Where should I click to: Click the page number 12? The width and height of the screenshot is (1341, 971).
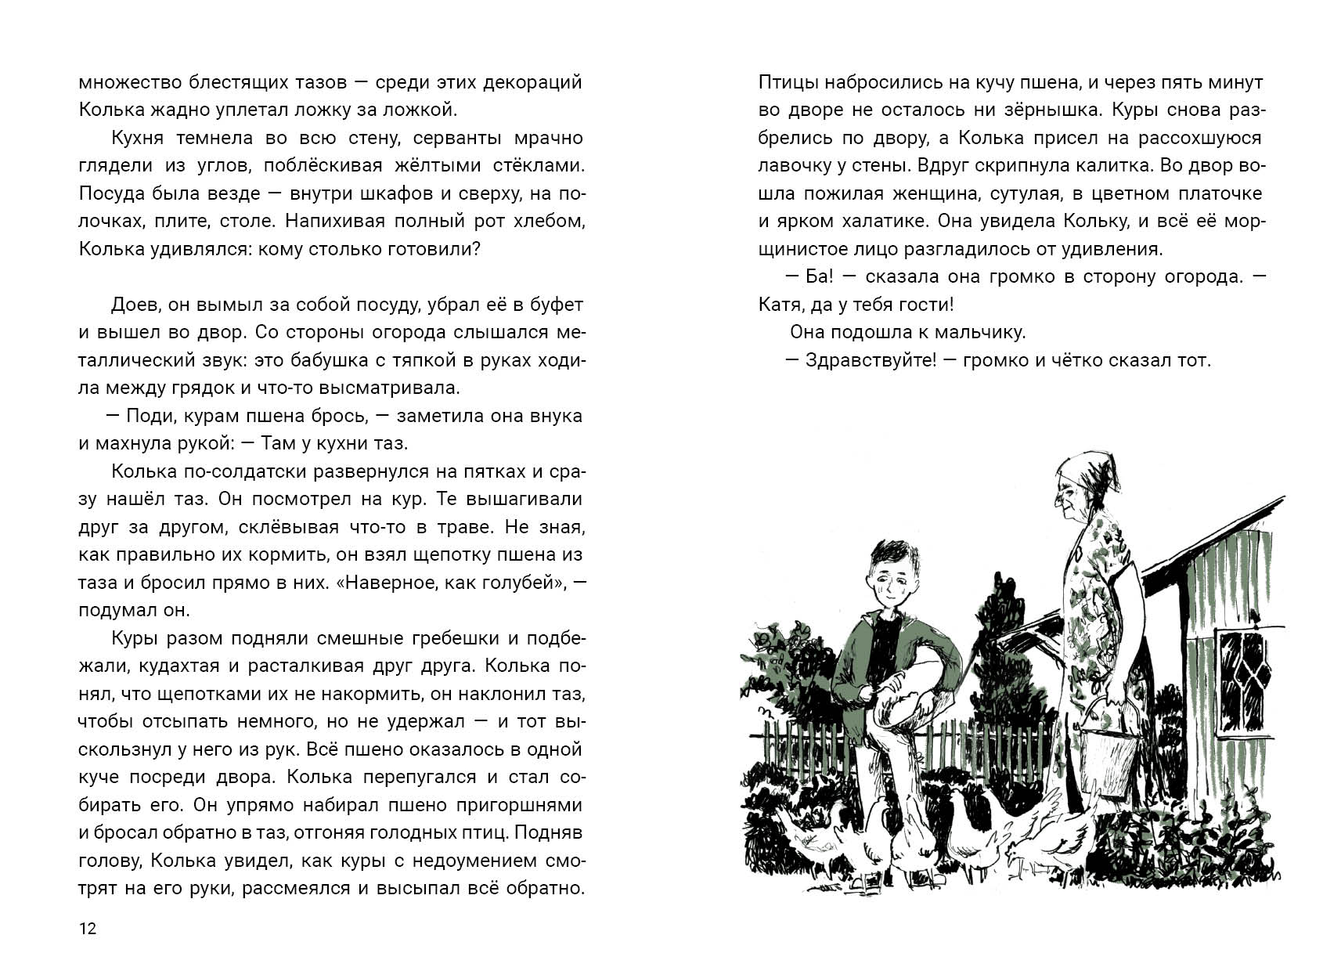(87, 929)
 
